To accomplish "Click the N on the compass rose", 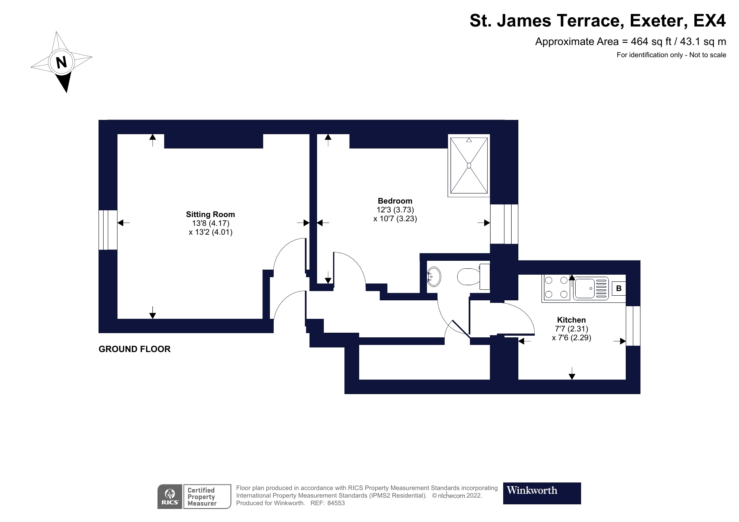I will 62,62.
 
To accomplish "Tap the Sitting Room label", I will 211,215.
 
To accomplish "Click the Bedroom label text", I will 395,201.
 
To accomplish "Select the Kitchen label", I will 571,320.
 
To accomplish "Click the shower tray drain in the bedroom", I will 469,165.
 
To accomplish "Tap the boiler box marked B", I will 619,289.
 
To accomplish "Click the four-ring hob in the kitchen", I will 556,288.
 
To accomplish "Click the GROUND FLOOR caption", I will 134,349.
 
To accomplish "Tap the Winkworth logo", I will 542,493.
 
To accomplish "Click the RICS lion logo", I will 170,496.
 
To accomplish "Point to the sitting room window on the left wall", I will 108,230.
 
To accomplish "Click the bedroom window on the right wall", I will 504,224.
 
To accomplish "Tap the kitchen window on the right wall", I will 633,326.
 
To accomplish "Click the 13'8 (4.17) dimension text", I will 211,223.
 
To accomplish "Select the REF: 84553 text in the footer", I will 327,503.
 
